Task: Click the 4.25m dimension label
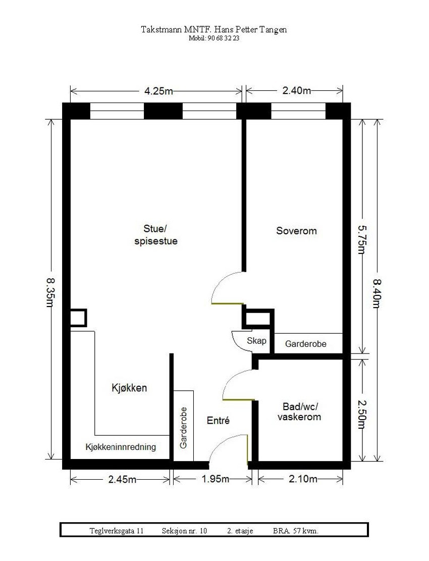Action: [x=156, y=91]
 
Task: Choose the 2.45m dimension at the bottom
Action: [x=122, y=479]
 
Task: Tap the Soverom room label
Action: [x=296, y=231]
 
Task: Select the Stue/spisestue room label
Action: [x=156, y=235]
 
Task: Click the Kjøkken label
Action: [x=129, y=388]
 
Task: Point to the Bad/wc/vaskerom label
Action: [x=299, y=412]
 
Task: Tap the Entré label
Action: [x=219, y=420]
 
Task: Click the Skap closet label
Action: [x=256, y=341]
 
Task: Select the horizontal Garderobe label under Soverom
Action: [x=305, y=344]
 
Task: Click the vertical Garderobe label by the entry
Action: [x=184, y=427]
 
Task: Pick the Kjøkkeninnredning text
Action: [x=121, y=447]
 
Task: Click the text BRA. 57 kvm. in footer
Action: [x=296, y=531]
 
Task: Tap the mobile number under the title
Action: [x=214, y=38]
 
